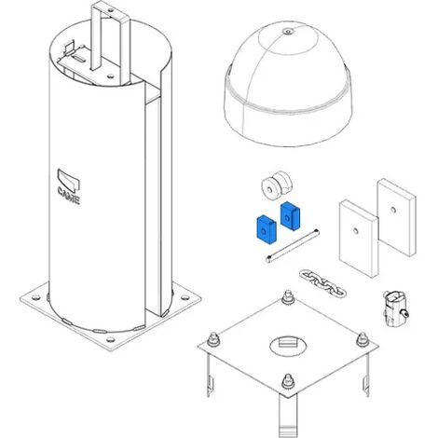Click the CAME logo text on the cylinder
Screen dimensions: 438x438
point(69,196)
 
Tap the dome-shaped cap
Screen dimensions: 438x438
point(288,84)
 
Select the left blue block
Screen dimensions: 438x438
point(266,229)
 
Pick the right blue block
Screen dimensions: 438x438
point(290,215)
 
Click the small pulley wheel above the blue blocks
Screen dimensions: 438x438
point(277,186)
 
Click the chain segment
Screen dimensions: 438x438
point(322,283)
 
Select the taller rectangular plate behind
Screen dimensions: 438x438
point(397,216)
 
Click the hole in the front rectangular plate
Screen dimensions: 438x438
point(356,230)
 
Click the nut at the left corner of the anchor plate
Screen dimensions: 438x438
point(213,339)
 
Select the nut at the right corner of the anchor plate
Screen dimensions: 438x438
point(363,339)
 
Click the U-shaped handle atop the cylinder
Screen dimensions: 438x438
point(110,40)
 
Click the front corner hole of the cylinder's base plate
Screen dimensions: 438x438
point(110,339)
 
